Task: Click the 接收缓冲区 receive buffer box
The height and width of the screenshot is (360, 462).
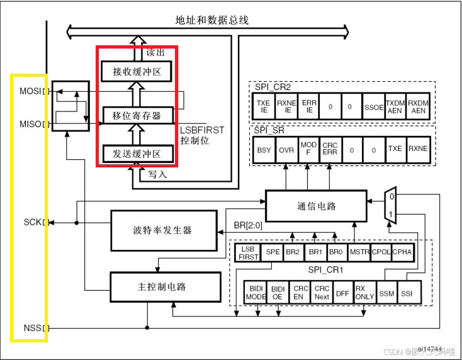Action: coord(137,72)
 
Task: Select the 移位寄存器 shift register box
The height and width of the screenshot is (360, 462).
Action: coord(137,115)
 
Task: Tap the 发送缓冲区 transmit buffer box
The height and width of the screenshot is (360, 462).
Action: coord(137,154)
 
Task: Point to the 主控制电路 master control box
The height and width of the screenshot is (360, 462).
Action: coord(161,287)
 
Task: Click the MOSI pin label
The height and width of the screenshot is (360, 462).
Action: coord(30,92)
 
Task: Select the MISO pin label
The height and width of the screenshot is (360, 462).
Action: coord(30,124)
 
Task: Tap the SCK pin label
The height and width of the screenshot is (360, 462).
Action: coord(32,222)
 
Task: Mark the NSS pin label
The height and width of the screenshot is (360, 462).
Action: coord(32,327)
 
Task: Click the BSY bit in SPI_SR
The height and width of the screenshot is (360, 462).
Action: coord(264,150)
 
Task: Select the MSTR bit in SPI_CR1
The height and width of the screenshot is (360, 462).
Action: coord(359,252)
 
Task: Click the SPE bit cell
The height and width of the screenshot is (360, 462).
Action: coord(273,252)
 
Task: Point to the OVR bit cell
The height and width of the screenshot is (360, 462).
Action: coord(286,150)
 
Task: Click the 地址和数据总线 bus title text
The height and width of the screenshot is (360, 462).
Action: coord(212,20)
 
